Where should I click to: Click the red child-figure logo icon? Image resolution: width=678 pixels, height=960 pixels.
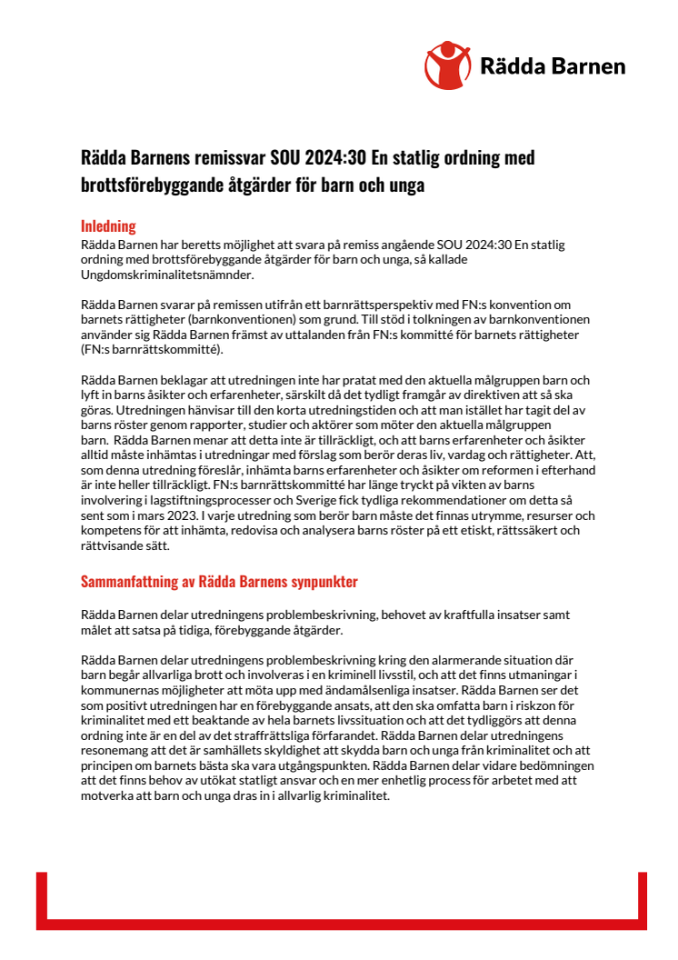tap(447, 65)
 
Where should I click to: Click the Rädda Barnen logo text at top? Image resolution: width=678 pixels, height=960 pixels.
tap(552, 66)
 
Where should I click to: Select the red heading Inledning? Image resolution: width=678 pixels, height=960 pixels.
tap(108, 226)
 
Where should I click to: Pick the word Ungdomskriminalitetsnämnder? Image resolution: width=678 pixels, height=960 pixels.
tap(166, 275)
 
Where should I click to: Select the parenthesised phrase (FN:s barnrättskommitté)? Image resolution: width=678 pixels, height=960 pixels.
tap(150, 349)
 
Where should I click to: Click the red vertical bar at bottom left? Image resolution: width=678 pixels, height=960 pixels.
tap(42, 900)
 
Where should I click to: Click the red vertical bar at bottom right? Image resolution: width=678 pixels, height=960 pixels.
tap(642, 900)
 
